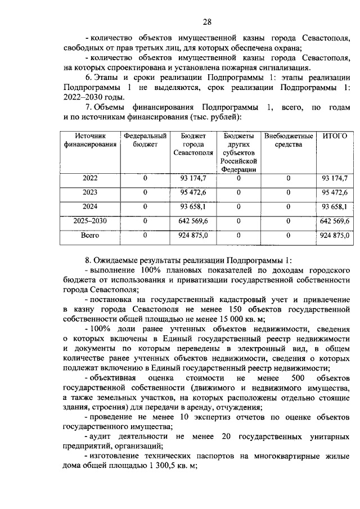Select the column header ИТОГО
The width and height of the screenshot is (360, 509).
(334, 136)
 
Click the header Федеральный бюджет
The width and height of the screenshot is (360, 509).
(145, 140)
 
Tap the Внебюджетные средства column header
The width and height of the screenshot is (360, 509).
(288, 140)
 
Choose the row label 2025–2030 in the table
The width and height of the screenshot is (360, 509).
(90, 222)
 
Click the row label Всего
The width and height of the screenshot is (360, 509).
(90, 236)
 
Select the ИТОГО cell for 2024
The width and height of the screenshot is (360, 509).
(334, 207)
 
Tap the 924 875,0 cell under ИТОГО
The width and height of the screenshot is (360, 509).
(334, 236)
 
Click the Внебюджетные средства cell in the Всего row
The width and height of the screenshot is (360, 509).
(288, 236)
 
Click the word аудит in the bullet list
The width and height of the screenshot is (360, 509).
(98, 436)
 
